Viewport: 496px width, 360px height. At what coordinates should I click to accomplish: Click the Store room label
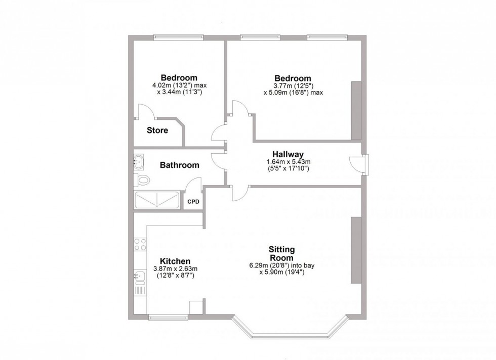(x=157, y=130)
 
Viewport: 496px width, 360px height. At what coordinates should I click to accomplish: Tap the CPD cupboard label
(x=193, y=202)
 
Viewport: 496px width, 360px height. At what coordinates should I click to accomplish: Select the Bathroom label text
(x=179, y=165)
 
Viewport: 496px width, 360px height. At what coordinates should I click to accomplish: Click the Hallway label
(x=288, y=154)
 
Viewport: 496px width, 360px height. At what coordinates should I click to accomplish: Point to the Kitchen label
(x=175, y=261)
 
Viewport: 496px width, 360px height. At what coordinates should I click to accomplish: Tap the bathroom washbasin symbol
(x=140, y=162)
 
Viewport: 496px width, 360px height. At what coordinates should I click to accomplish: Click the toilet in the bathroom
(x=143, y=179)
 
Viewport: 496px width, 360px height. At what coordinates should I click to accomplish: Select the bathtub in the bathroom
(x=156, y=200)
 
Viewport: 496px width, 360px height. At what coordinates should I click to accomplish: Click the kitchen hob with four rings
(x=140, y=245)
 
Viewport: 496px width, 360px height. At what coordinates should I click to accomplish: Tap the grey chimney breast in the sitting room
(x=356, y=250)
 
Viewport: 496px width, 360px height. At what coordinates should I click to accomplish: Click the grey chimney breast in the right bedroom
(x=356, y=109)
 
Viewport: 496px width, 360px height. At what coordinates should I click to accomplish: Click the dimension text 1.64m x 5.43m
(x=288, y=162)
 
